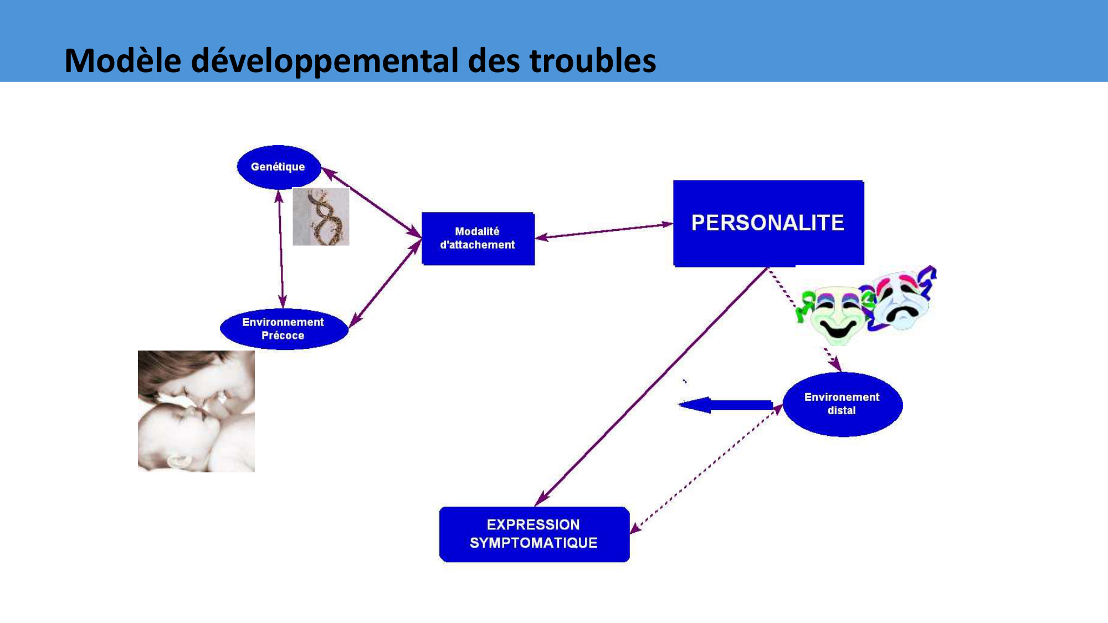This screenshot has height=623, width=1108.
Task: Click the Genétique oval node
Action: (x=279, y=167)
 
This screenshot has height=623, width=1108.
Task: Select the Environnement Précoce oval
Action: (x=284, y=329)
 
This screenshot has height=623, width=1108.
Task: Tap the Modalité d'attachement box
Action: (x=478, y=238)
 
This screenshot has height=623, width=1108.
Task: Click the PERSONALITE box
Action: (x=768, y=223)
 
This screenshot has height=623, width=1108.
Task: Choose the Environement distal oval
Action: (x=842, y=404)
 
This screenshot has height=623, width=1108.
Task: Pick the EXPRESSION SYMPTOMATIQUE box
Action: (x=534, y=534)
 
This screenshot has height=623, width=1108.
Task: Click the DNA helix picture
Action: (x=321, y=217)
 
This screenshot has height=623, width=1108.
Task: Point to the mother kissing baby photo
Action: (x=196, y=411)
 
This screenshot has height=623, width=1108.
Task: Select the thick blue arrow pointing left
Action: (x=725, y=405)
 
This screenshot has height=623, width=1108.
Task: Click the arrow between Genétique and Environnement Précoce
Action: (x=281, y=249)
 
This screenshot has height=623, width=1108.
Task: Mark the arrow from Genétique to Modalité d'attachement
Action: (x=371, y=203)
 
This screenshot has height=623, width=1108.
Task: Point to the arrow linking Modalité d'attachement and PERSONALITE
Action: (x=604, y=231)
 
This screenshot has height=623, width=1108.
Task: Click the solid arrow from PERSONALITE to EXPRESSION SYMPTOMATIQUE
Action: (x=651, y=387)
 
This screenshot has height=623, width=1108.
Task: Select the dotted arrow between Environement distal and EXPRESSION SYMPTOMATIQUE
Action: (x=706, y=468)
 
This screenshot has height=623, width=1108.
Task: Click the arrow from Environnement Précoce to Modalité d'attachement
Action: (x=385, y=284)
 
